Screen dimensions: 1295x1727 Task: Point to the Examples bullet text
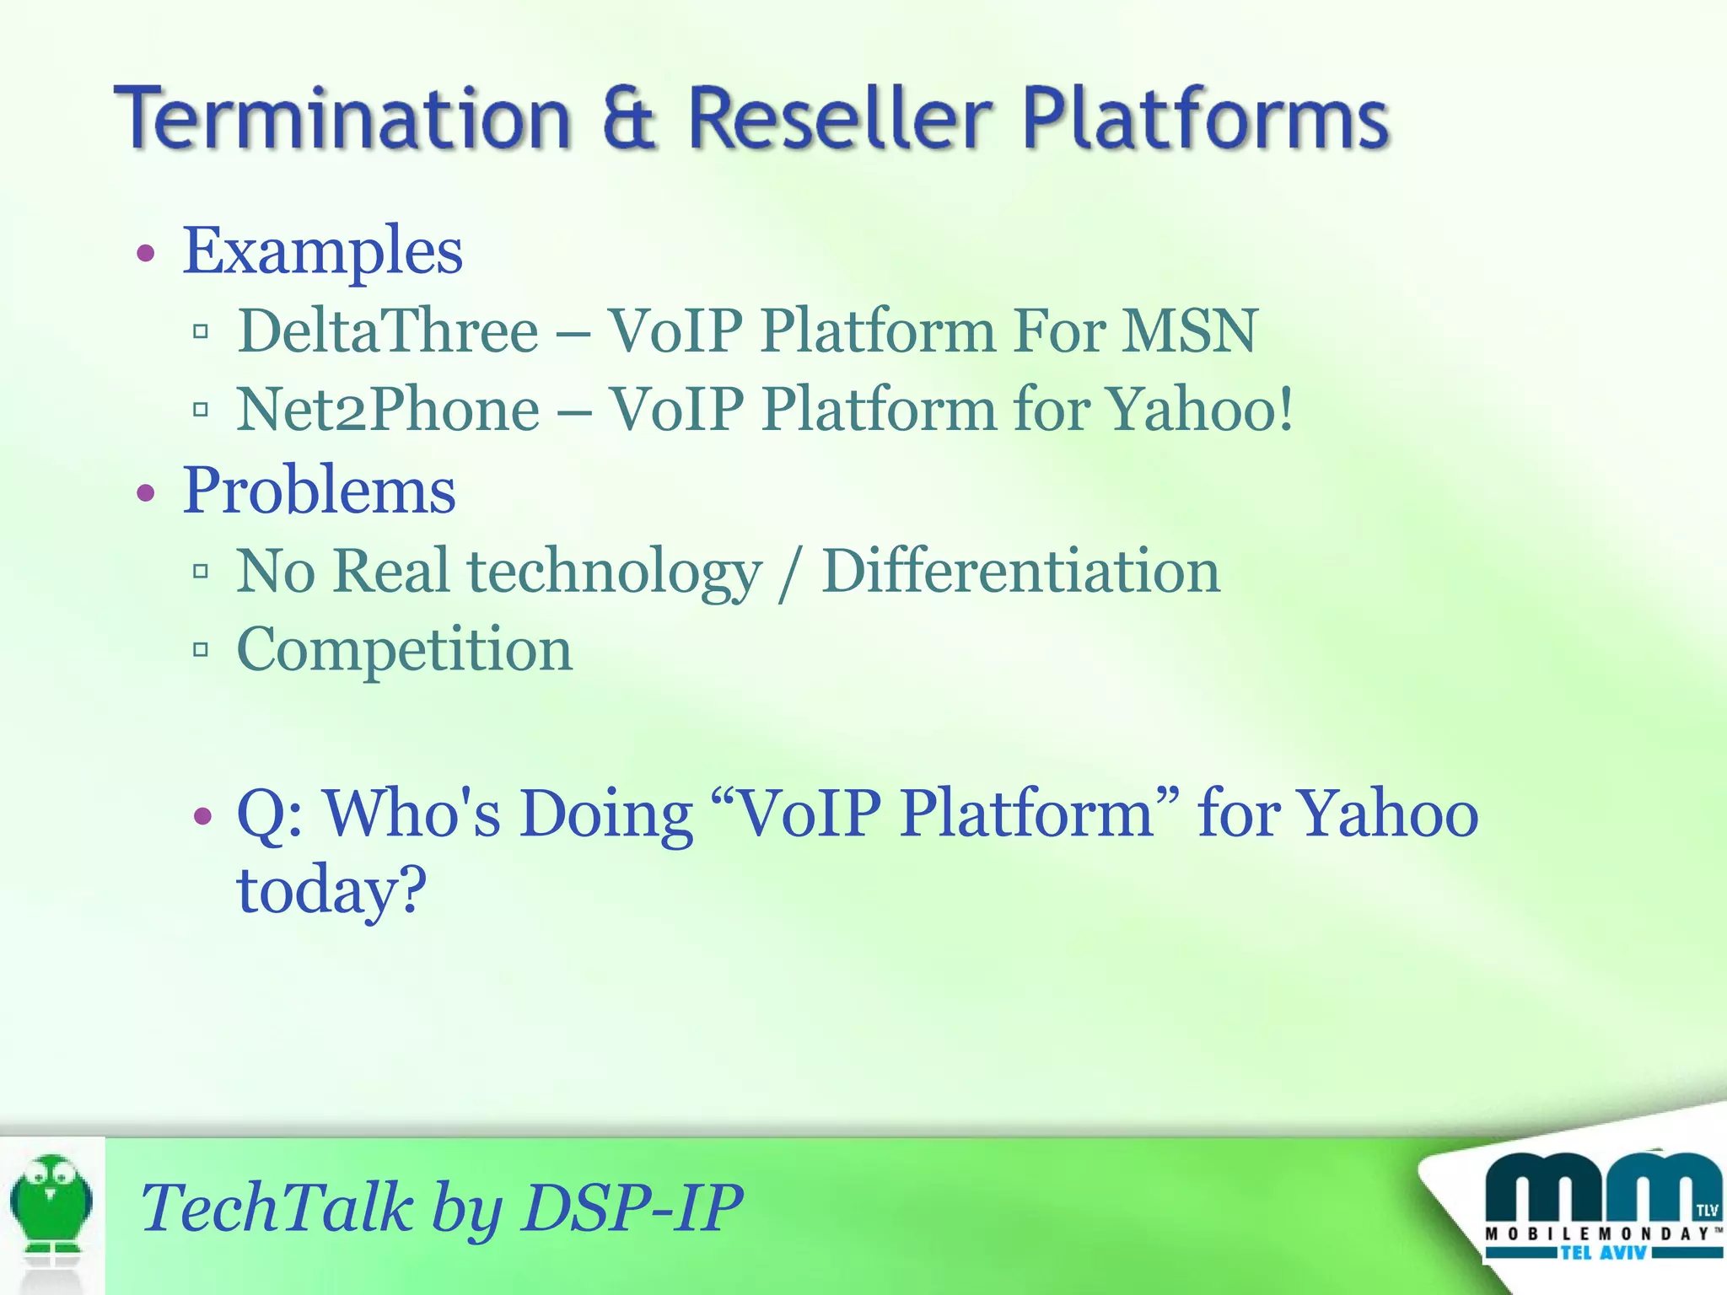point(322,250)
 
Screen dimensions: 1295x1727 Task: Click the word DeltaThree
point(388,330)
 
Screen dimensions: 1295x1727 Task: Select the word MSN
point(1191,330)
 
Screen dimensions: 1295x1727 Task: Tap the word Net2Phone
point(388,410)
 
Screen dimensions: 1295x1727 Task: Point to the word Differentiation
point(1020,571)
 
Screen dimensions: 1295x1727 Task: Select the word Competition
point(405,650)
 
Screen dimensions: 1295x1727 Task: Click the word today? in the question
point(331,890)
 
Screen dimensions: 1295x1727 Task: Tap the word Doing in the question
point(605,814)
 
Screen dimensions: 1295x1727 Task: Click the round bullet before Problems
point(147,492)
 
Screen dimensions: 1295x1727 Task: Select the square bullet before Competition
point(201,649)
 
